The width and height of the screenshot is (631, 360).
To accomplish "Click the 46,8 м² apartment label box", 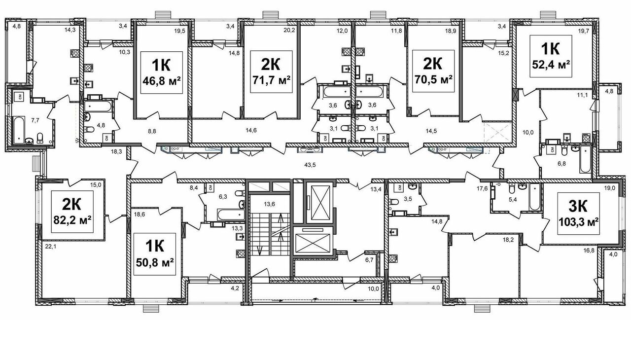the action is (x=162, y=72).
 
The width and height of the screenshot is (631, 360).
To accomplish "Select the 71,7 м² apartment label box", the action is (x=271, y=72).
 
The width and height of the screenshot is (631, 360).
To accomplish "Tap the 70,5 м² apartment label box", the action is (x=433, y=71).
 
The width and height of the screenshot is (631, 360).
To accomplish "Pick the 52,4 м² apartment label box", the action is (x=551, y=56).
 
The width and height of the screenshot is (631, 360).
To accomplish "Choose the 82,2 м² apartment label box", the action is (x=72, y=212).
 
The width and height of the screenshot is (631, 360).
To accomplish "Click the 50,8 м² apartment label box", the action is (x=155, y=254).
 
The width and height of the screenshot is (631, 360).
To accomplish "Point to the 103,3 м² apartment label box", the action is (x=579, y=214).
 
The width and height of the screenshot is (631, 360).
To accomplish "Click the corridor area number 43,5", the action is (x=310, y=165).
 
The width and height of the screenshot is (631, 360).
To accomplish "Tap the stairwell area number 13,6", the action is (x=269, y=204).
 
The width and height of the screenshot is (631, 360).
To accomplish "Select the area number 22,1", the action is (x=51, y=247).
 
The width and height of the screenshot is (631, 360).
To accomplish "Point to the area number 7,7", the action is (x=35, y=120).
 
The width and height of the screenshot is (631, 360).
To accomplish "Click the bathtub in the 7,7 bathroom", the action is (x=19, y=130).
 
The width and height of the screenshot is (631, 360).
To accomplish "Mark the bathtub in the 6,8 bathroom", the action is (x=585, y=159).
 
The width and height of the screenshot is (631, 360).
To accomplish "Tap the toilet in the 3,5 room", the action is (x=393, y=202).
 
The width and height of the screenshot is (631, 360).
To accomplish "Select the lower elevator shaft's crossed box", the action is (x=313, y=241).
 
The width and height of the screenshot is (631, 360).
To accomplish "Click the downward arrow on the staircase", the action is (x=259, y=250).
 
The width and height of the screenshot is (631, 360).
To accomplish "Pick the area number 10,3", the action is (x=125, y=52).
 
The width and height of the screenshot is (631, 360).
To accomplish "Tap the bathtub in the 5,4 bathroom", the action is (x=535, y=197).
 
